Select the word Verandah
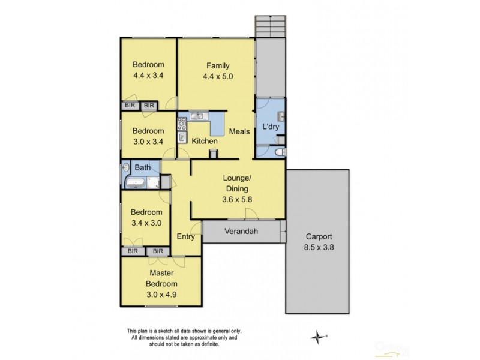click(241, 231)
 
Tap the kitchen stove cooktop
click(182, 124)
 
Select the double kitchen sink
click(198, 116)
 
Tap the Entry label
click(186, 236)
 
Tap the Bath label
click(142, 167)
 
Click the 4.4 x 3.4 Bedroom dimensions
click(148, 76)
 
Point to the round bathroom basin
click(127, 167)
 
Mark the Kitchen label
click(204, 142)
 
